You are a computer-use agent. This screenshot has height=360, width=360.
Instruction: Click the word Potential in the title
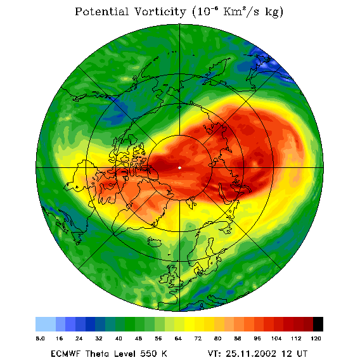pyautogui.click(x=101, y=11)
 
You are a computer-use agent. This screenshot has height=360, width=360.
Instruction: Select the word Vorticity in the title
pyautogui.click(x=160, y=11)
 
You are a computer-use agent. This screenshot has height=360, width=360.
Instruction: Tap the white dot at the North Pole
pyautogui.click(x=180, y=168)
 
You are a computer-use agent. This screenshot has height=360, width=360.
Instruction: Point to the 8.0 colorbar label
pyautogui.click(x=40, y=338)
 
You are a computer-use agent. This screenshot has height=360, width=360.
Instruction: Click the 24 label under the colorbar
pyautogui.click(x=79, y=338)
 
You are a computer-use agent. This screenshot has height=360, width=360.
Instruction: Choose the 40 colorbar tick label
pyautogui.click(x=119, y=338)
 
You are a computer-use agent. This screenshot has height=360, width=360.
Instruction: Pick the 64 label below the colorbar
pyautogui.click(x=178, y=338)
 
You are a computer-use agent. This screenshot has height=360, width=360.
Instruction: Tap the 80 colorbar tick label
pyautogui.click(x=217, y=338)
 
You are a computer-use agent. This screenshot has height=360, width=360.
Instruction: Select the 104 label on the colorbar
pyautogui.click(x=276, y=338)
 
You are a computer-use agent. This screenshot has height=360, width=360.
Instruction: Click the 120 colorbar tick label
pyautogui.click(x=316, y=338)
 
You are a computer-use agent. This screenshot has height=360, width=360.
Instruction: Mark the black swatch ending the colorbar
pyautogui.click(x=318, y=324)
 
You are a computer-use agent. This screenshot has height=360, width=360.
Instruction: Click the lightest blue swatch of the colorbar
pyautogui.click(x=46, y=324)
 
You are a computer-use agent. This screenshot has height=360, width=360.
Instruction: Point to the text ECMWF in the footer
pyautogui.click(x=66, y=354)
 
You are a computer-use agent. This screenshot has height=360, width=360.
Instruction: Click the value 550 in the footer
pyautogui.click(x=148, y=354)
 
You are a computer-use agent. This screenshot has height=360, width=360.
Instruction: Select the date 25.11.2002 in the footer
pyautogui.click(x=251, y=354)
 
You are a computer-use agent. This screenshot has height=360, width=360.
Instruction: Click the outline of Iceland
pyautogui.click(x=154, y=241)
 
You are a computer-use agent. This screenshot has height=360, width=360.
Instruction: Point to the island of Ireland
pyautogui.click(x=164, y=278)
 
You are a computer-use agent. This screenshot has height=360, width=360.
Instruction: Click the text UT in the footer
pyautogui.click(x=302, y=354)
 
